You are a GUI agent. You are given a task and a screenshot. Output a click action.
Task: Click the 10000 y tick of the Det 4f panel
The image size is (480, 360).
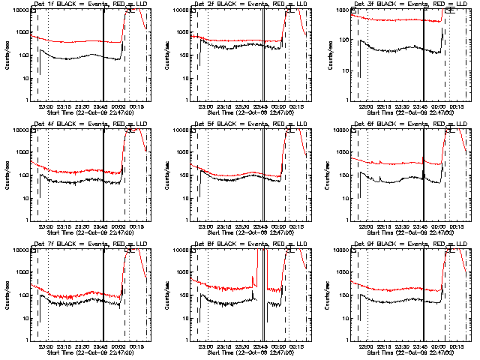coord(20,130)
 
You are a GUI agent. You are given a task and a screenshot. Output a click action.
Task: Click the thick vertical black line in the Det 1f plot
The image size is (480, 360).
coord(103,56)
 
